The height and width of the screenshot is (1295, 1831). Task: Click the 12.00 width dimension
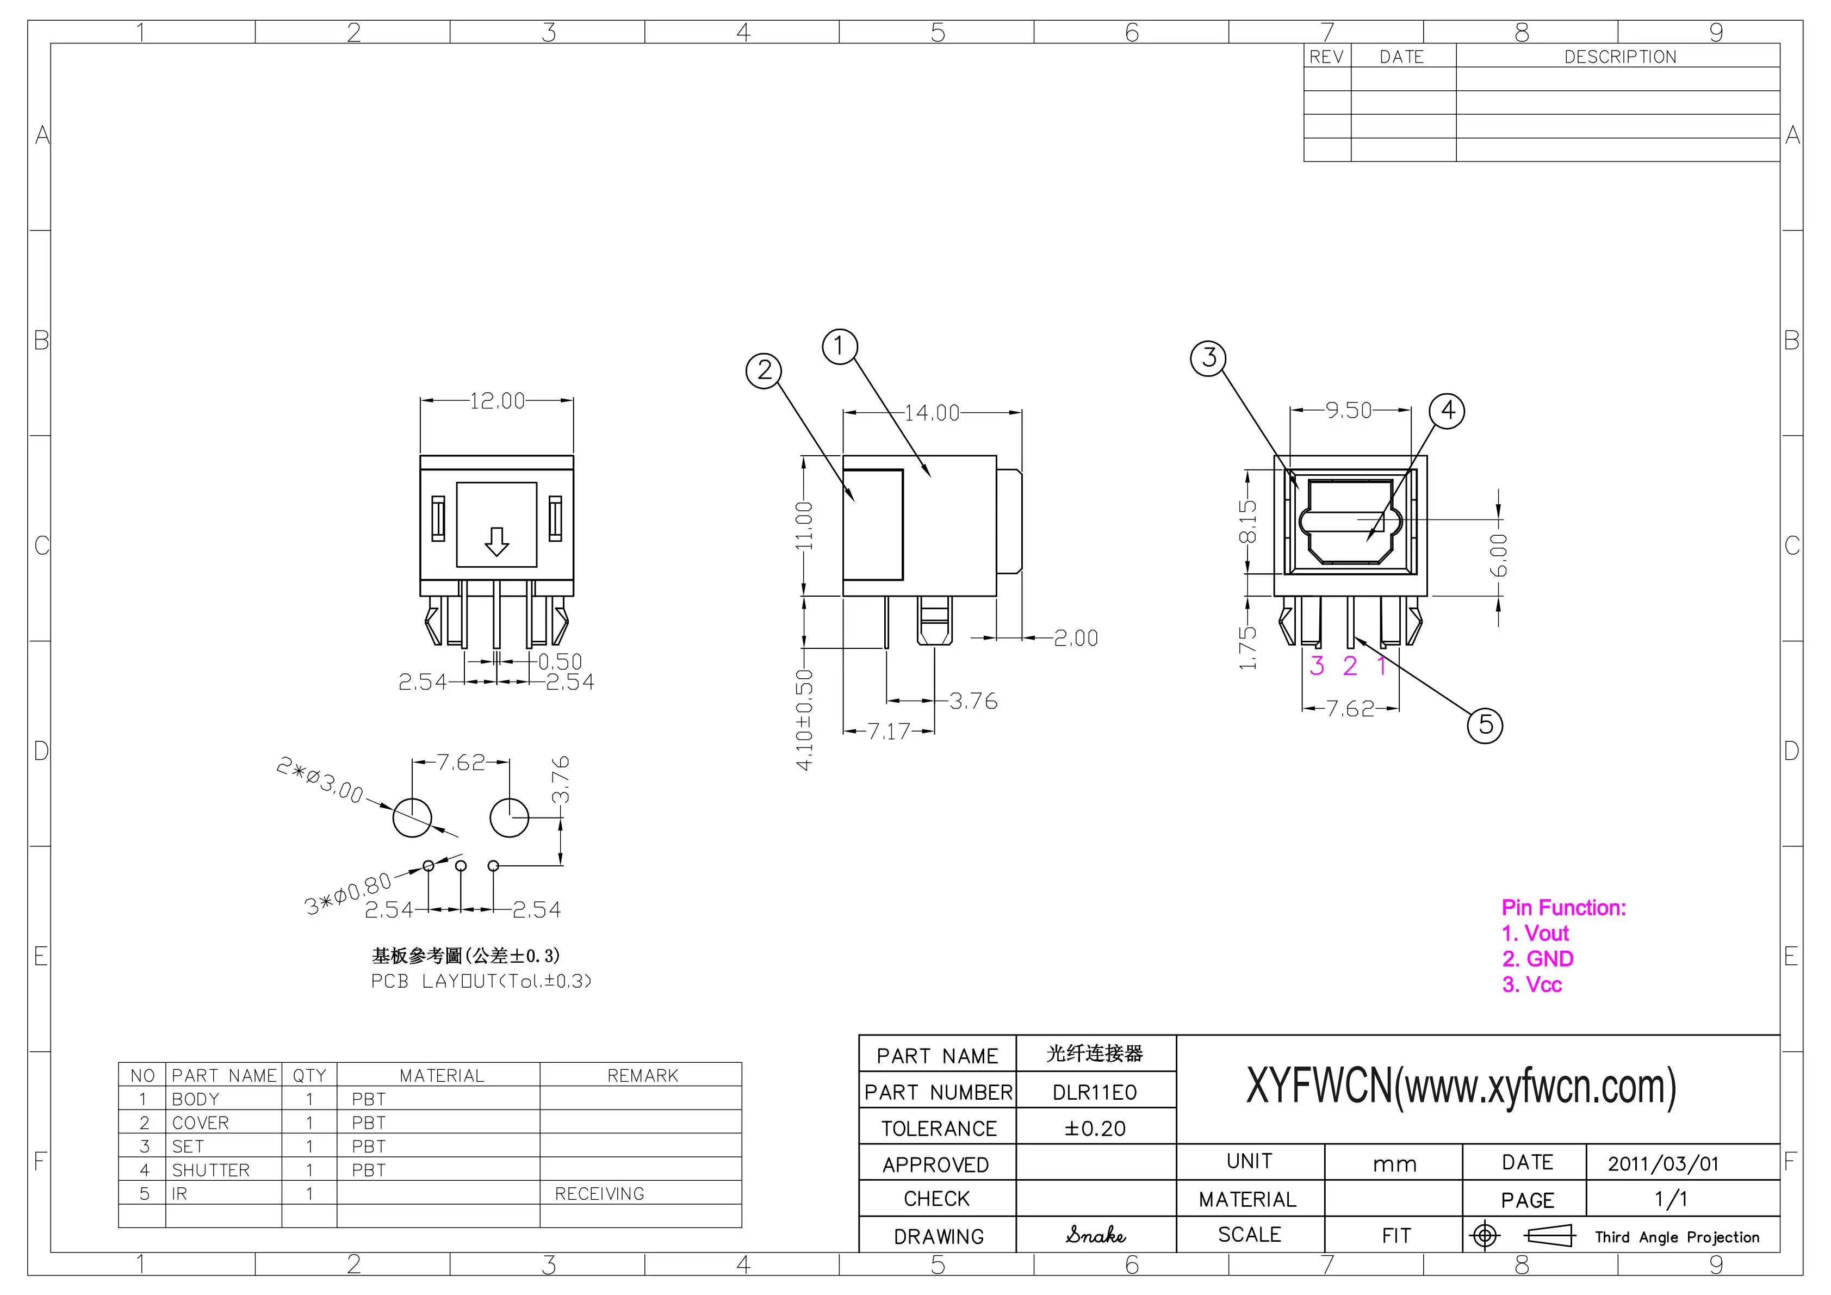pos(497,400)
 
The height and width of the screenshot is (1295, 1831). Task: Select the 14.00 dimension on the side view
pos(932,413)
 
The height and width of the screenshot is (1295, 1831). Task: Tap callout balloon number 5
pos(1485,725)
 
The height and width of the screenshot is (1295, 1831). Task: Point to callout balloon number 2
pos(764,371)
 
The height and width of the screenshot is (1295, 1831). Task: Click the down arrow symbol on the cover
pos(497,542)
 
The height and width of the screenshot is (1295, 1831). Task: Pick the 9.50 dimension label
pos(1349,411)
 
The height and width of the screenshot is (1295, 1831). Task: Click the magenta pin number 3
pos(1317,666)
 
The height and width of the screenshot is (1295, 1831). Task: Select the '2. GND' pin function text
pos(1537,959)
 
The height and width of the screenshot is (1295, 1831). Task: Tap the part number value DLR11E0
pos(1094,1093)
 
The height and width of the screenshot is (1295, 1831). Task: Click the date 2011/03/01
pos(1663,1163)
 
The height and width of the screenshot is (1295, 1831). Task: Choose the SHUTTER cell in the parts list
pos(210,1170)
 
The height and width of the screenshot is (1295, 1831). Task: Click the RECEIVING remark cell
pos(600,1194)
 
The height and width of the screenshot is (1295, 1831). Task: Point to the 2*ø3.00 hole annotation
pos(319,780)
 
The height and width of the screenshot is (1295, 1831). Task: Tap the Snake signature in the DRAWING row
pos(1095,1235)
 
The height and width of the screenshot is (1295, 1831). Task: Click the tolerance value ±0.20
pos(1094,1129)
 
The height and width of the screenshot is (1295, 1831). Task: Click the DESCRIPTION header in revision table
pos(1619,57)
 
